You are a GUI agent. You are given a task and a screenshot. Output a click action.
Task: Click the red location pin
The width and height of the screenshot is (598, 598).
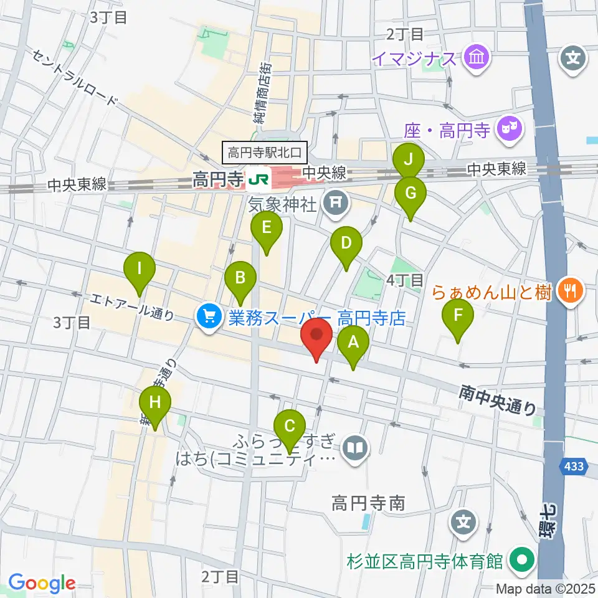pos(316,337)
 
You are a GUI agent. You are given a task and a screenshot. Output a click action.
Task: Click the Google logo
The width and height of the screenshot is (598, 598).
pos(42,583)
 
